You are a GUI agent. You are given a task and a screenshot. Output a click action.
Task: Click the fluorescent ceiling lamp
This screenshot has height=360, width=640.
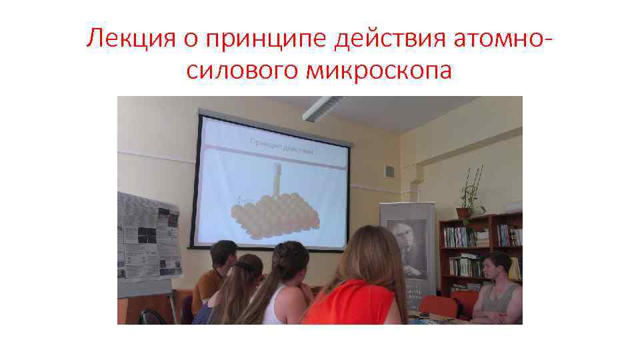click(323, 109)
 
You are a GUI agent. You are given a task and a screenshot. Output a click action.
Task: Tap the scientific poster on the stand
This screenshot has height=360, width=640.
click(148, 237)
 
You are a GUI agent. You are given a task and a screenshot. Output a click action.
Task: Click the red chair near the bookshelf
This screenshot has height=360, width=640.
click(440, 306)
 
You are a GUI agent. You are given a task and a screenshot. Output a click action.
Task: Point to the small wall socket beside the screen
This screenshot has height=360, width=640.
click(390, 172)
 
